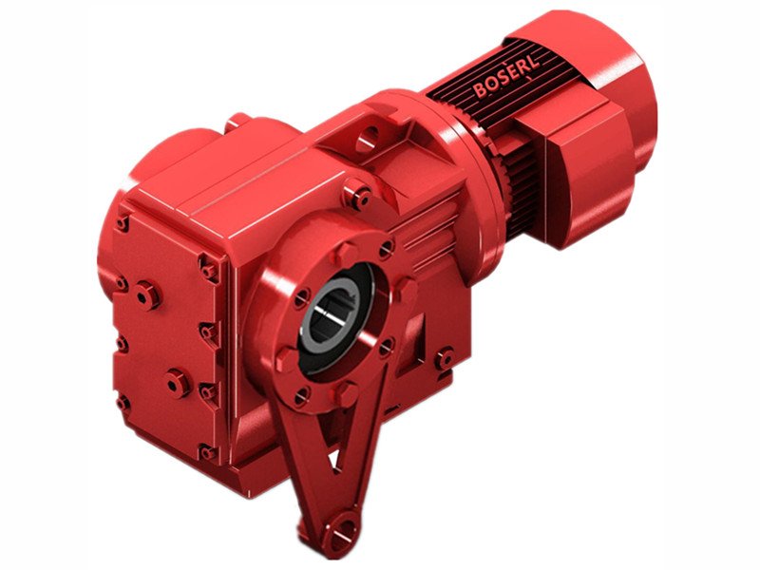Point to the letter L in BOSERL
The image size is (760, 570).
[539, 64]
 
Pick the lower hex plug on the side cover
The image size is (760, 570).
[176, 384]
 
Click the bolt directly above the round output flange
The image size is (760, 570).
[358, 199]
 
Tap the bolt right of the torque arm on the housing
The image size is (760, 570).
[444, 359]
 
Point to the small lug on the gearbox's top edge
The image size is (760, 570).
[237, 121]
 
